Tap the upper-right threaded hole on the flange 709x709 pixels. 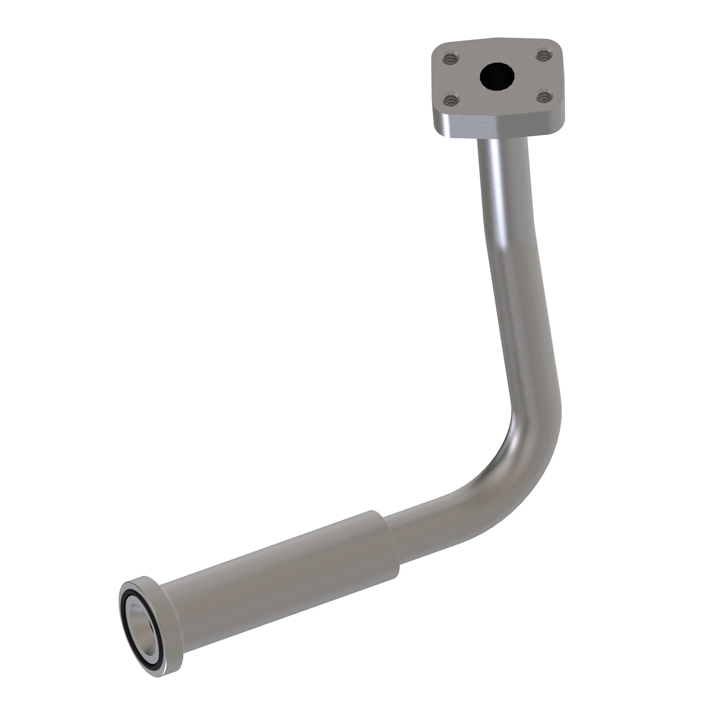(542, 56)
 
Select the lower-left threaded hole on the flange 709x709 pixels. (451, 100)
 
